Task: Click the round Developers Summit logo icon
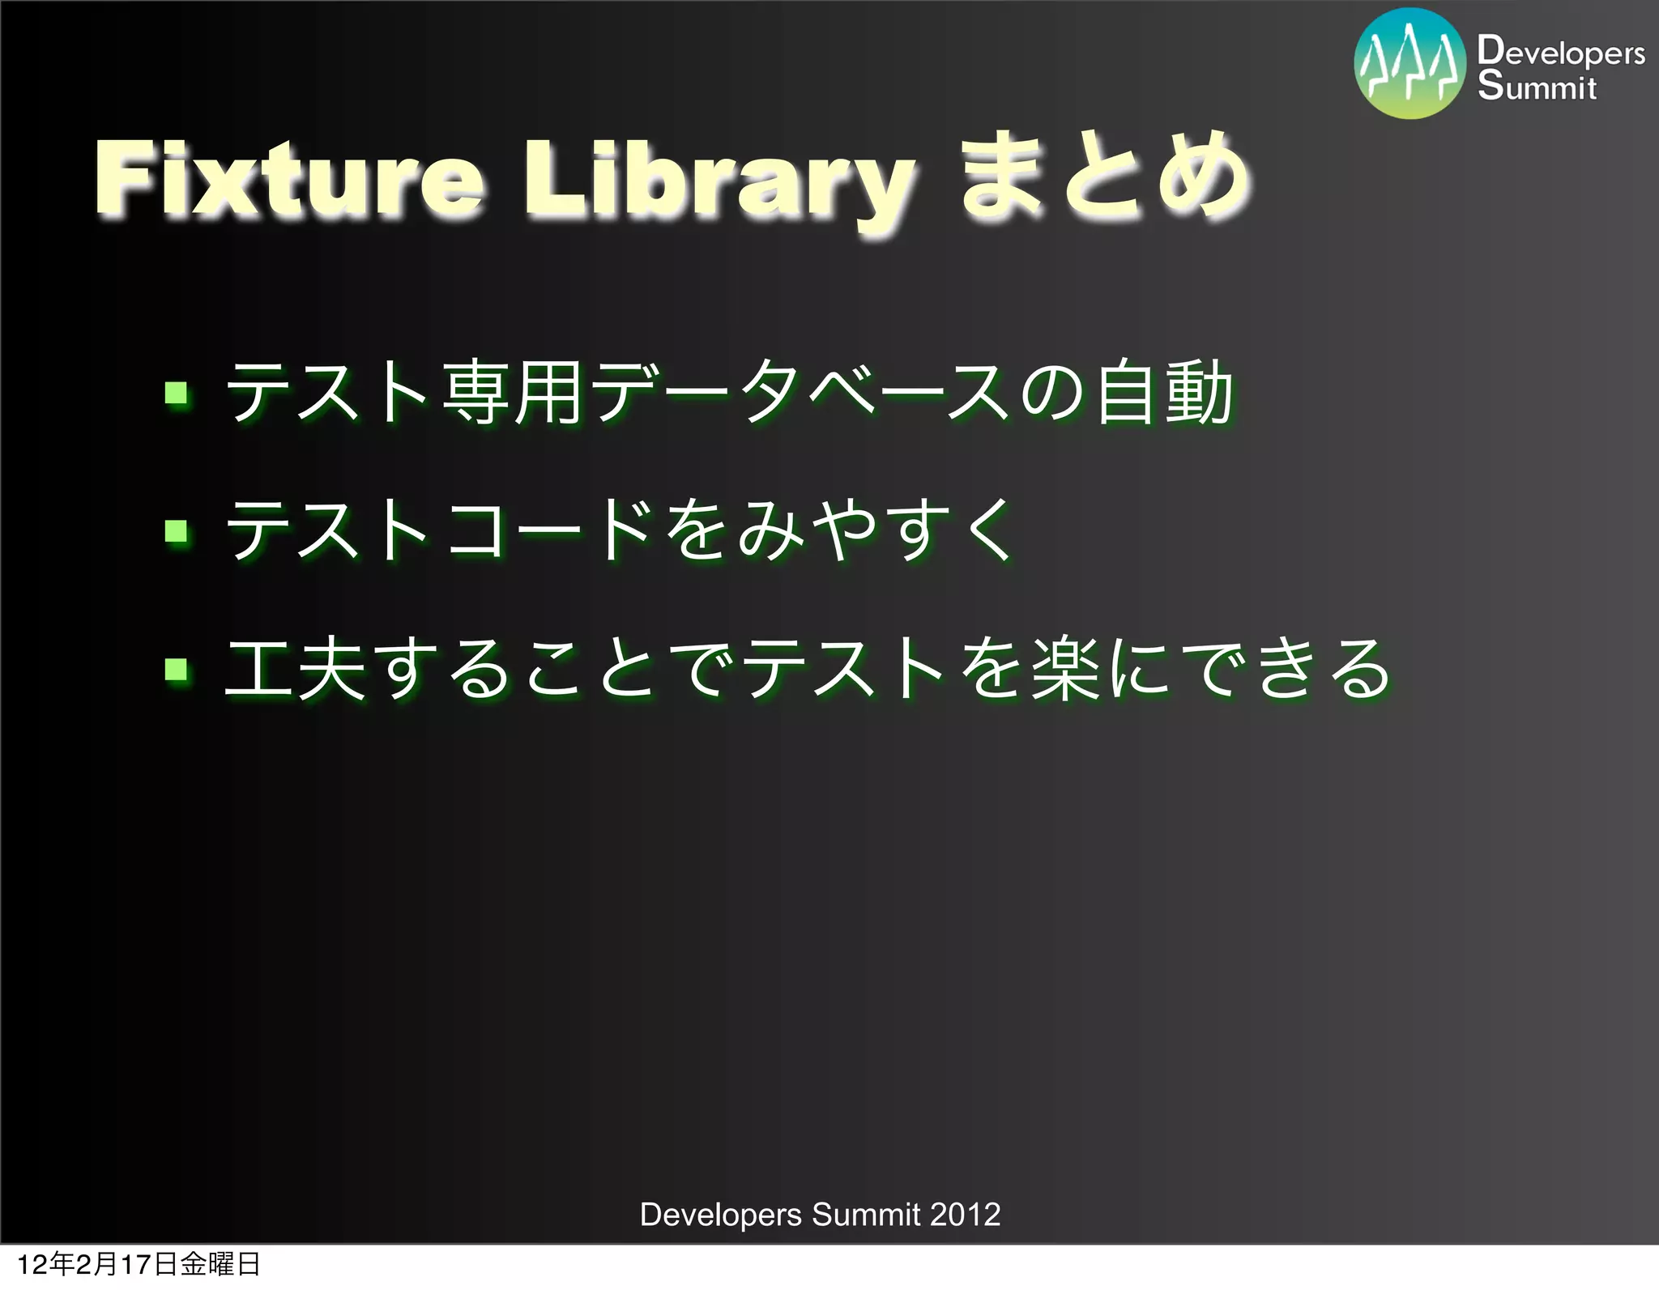[1410, 64]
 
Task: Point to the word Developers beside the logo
[1560, 52]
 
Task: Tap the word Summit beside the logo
[1537, 86]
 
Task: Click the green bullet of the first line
[176, 394]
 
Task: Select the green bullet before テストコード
[176, 532]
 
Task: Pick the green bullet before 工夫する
[176, 670]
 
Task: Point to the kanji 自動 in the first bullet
[1165, 394]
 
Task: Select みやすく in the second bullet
[875, 530]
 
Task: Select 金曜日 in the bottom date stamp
[220, 1264]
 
